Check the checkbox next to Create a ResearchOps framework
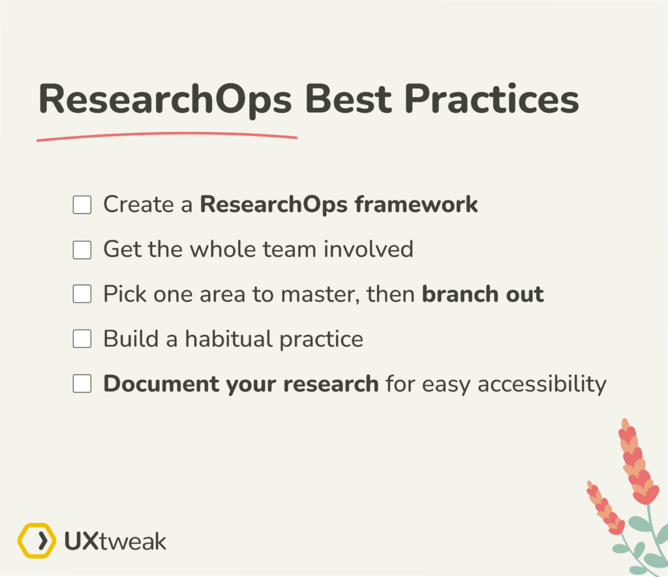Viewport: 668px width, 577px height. click(82, 205)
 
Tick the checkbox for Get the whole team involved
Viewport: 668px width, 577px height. click(82, 249)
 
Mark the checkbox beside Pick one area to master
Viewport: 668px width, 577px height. click(82, 294)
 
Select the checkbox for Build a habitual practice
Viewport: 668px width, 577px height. click(82, 339)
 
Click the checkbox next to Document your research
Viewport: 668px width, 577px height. click(82, 384)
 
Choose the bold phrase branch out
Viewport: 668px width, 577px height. click(483, 294)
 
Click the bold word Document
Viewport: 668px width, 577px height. click(163, 383)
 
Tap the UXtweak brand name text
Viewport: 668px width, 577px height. click(115, 541)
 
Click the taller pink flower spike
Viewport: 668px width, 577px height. click(637, 463)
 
